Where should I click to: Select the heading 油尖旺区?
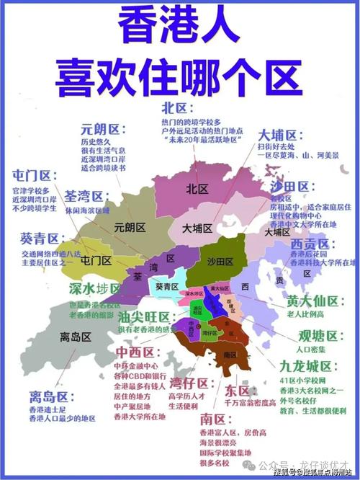(x=143, y=317)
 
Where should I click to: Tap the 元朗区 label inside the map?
(x=130, y=228)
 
